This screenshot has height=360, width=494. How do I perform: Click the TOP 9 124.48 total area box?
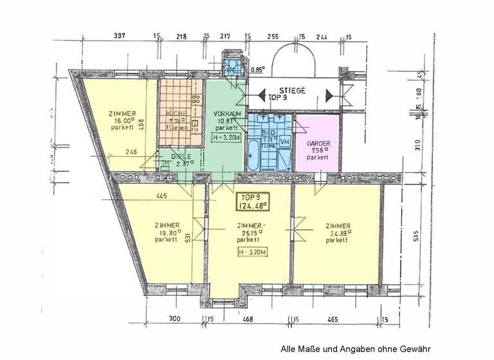click(x=252, y=202)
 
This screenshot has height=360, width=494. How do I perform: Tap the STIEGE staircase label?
click(x=292, y=91)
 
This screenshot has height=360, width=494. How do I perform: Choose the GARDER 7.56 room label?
click(x=318, y=150)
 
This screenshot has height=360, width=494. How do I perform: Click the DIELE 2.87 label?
click(x=170, y=157)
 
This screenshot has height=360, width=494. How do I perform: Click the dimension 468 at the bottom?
click(x=248, y=319)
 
